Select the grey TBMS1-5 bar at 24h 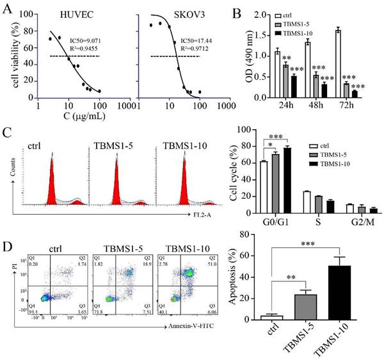285,82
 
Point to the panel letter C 7,133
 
